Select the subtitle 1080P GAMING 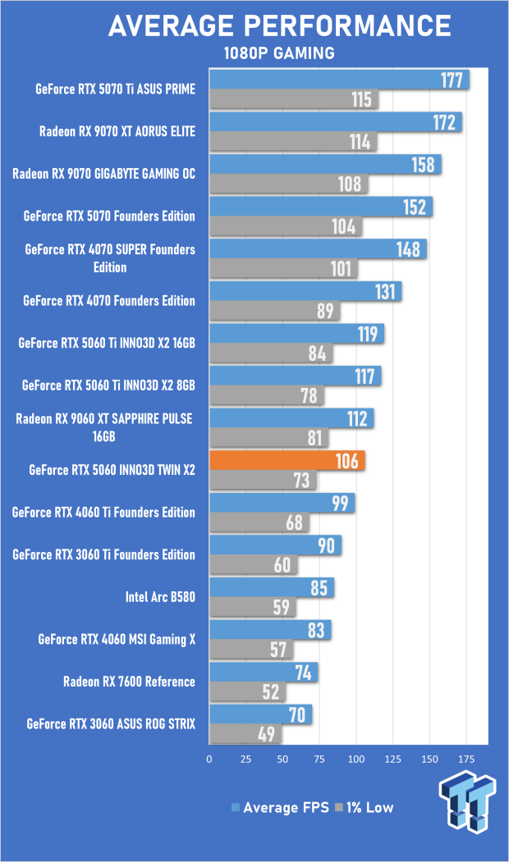tap(279, 54)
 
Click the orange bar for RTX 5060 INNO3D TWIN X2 tap(287, 461)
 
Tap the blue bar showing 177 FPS tap(339, 80)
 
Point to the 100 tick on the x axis tap(356, 759)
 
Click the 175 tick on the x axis tap(466, 759)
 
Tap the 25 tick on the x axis tap(246, 759)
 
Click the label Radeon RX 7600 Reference tap(129, 682)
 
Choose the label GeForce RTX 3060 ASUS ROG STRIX tap(111, 724)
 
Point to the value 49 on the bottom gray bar tap(267, 735)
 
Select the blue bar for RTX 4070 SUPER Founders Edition tap(318, 249)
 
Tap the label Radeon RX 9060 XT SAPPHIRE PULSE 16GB tap(105, 427)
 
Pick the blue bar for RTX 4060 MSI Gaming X tap(270, 630)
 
